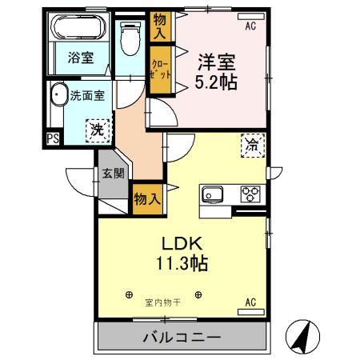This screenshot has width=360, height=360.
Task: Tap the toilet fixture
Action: pos(128,35)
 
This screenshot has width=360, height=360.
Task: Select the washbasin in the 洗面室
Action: pos(57,98)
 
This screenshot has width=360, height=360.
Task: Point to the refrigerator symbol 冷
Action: pos(252,146)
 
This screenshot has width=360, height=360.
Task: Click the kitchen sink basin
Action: pos(214,194)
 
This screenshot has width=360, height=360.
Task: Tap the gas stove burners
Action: pos(250,194)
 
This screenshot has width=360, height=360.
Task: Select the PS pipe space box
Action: pos(53,139)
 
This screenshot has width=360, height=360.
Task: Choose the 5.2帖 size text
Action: pos(216,81)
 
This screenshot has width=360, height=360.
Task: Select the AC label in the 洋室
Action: pos(250,26)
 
